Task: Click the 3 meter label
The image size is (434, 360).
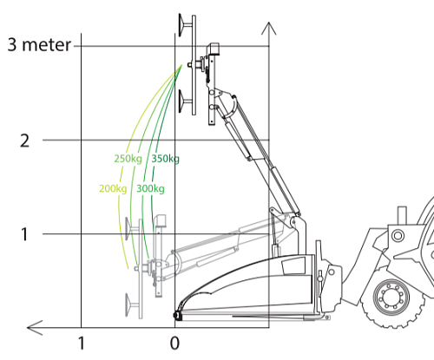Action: point(39,45)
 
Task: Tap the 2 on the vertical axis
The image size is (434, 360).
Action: point(24,141)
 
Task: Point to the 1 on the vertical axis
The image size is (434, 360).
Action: point(24,234)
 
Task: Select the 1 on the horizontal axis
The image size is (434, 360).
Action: point(82,344)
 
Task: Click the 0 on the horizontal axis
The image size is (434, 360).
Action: point(174,344)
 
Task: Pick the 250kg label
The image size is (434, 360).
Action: point(128,159)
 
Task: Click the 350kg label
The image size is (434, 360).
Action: point(166,159)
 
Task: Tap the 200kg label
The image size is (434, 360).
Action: point(113,189)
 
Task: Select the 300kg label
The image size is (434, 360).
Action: point(150,189)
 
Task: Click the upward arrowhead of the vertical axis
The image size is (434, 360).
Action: point(269,29)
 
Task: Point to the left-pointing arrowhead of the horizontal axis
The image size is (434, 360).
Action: point(35,328)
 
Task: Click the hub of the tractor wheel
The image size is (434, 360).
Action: point(391,298)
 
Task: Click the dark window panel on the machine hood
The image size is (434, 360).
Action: point(293,265)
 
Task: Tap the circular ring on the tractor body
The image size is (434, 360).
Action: point(398,236)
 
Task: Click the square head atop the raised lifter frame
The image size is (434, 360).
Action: point(214,49)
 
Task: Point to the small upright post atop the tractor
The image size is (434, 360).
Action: point(402,215)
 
